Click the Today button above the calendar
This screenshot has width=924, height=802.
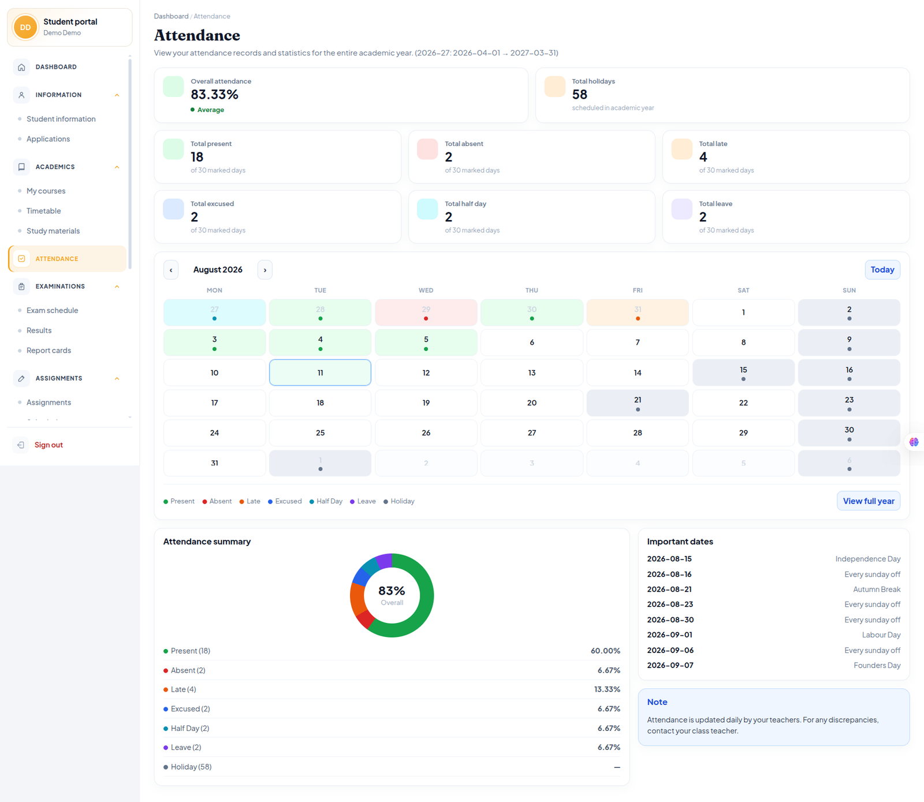coord(882,270)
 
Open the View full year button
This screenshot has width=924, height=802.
coord(868,501)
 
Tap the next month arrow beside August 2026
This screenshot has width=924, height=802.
coord(265,270)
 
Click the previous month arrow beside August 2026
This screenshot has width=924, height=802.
coord(171,270)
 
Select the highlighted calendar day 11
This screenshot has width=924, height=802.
coord(320,372)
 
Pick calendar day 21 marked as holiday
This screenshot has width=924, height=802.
coord(638,402)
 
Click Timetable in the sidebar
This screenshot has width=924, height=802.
coord(43,211)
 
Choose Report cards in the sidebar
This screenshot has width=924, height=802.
coord(49,350)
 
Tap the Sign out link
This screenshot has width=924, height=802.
coord(49,445)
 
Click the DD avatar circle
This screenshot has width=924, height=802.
coord(25,27)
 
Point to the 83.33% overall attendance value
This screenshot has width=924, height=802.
coord(214,95)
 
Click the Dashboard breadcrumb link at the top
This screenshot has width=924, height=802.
coord(171,16)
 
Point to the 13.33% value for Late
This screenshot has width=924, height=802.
coord(607,689)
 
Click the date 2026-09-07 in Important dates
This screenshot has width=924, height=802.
coord(670,665)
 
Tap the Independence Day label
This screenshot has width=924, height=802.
coord(868,559)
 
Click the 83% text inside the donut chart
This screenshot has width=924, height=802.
coord(392,591)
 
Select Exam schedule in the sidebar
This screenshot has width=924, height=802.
coord(52,311)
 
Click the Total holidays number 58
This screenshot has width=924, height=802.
coord(579,95)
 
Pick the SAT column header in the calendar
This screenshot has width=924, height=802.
coord(743,290)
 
